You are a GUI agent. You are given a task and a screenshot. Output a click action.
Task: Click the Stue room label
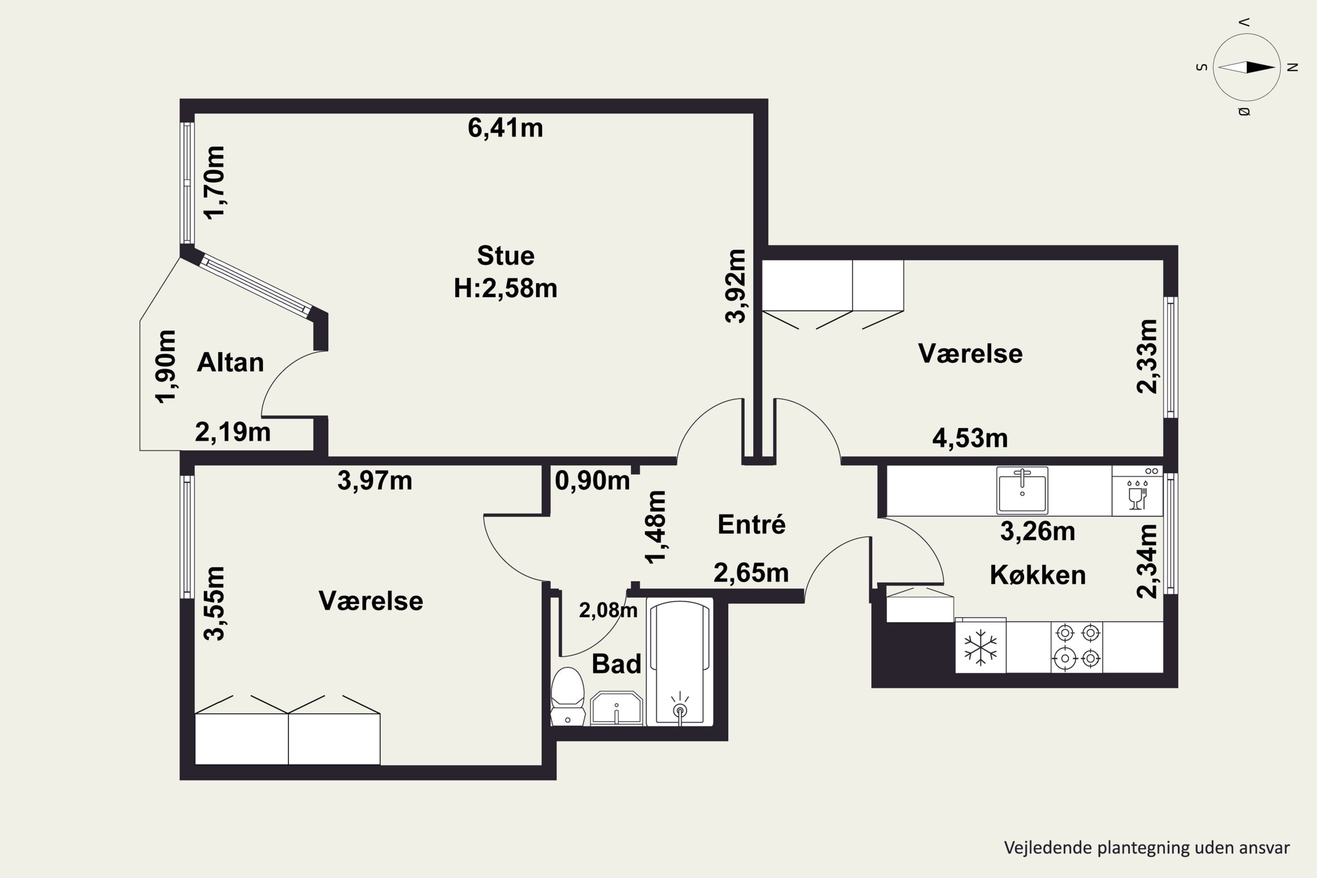(x=506, y=256)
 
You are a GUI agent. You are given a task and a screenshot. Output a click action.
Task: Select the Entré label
(x=752, y=524)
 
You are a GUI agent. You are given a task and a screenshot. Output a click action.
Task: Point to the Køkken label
(x=1038, y=575)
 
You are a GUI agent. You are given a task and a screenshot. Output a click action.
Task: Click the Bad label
(x=616, y=664)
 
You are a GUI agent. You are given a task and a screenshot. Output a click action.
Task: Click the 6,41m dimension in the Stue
(x=505, y=128)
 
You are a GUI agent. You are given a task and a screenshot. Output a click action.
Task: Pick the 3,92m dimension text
(x=736, y=286)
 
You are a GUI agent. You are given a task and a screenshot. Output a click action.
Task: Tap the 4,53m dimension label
(x=970, y=438)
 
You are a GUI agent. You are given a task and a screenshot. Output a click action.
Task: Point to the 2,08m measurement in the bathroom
(x=608, y=610)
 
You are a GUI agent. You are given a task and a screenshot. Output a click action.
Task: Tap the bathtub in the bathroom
(x=680, y=662)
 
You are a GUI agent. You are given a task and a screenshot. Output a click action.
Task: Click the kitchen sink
(x=1022, y=490)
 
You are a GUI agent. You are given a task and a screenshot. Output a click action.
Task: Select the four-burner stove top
(x=1076, y=647)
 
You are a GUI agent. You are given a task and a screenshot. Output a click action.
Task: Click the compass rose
(x=1247, y=67)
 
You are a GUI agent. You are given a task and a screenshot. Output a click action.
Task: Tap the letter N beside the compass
(x=1293, y=67)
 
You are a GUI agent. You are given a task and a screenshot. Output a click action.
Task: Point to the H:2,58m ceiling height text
(x=505, y=289)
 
